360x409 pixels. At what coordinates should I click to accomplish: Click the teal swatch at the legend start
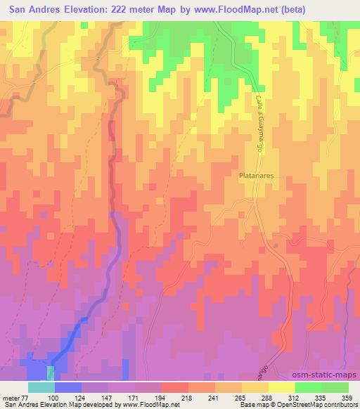[x=41, y=387]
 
